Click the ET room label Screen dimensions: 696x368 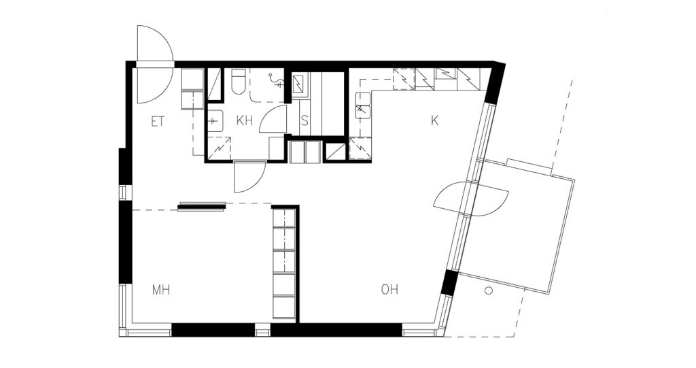[x=158, y=121]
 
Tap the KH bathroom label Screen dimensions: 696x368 [x=245, y=121]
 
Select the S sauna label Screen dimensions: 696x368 [x=304, y=121]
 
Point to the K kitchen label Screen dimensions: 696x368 [x=434, y=120]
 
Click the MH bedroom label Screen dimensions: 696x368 [x=161, y=290]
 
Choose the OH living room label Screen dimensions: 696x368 [x=389, y=290]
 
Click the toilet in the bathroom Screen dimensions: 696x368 [x=239, y=82]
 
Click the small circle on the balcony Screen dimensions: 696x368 [x=489, y=291]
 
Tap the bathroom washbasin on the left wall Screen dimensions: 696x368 [x=215, y=120]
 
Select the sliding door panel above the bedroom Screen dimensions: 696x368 [x=201, y=207]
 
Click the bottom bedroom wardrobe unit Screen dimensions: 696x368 [x=283, y=307]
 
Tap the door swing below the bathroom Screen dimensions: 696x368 [x=249, y=177]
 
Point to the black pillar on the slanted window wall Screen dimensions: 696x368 [x=449, y=283]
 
